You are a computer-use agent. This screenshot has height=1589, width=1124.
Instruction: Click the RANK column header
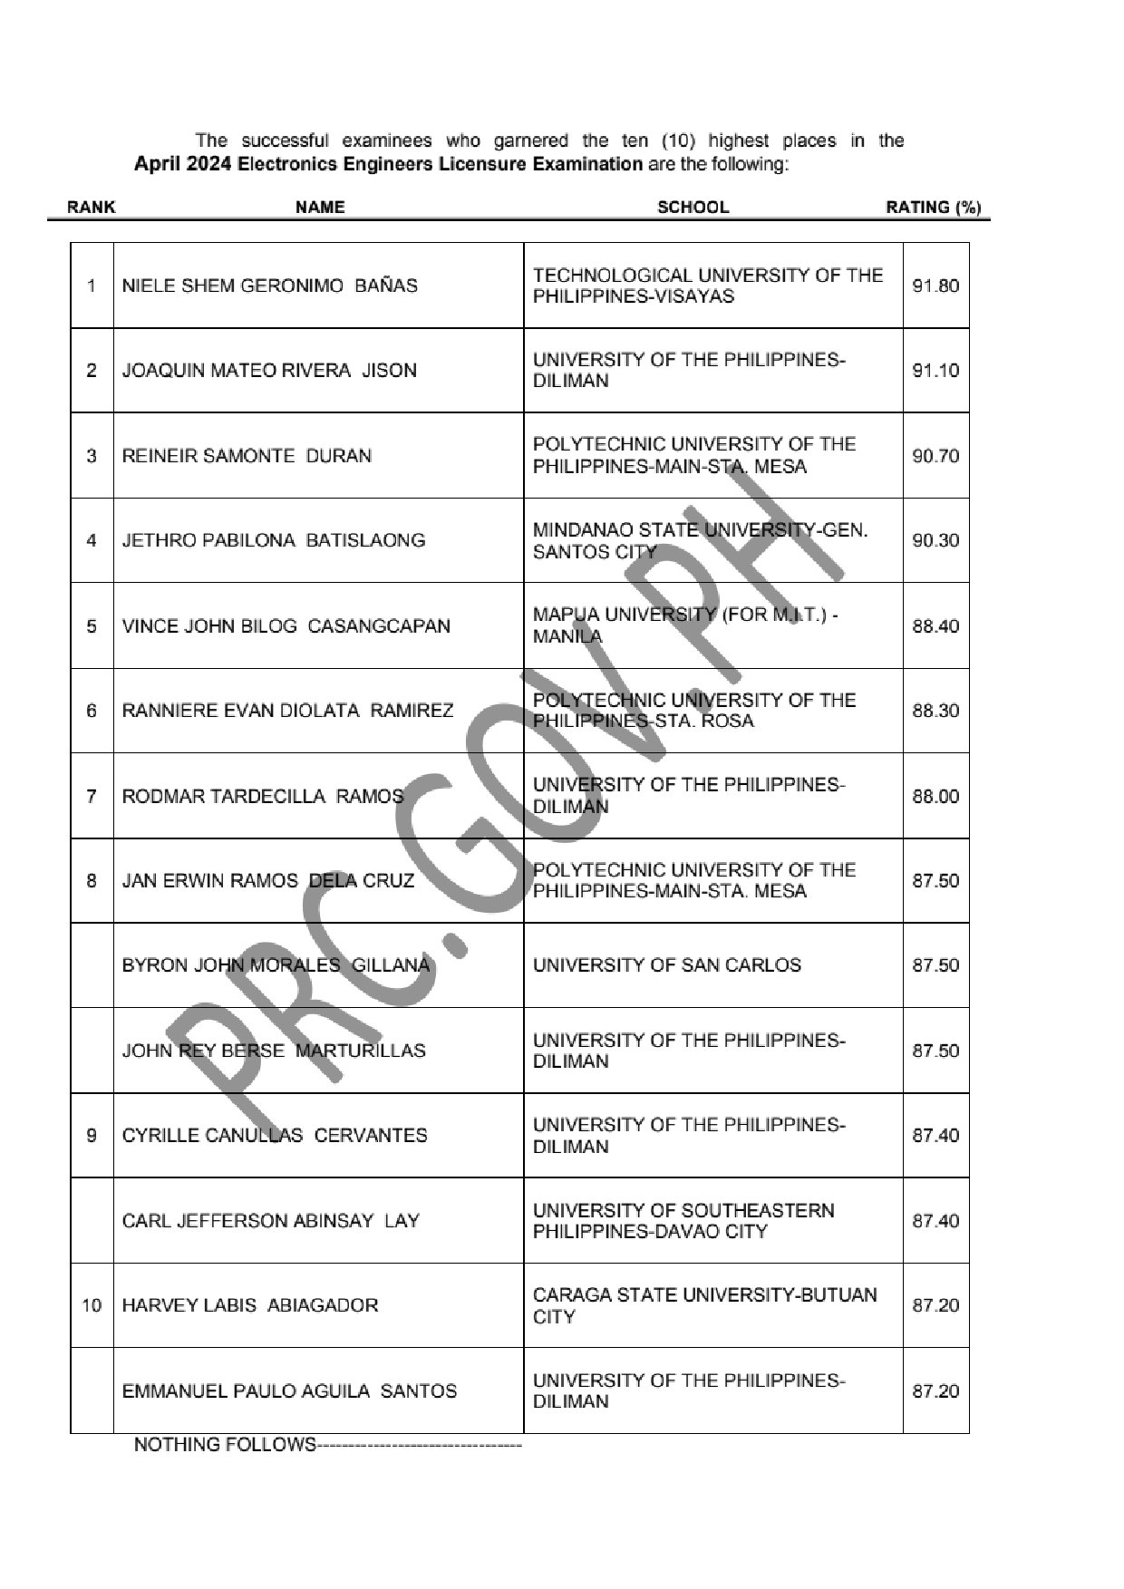[92, 207]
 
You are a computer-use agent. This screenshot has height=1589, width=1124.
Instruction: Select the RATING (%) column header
[933, 207]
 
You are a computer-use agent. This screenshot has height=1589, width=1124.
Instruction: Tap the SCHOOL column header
[693, 207]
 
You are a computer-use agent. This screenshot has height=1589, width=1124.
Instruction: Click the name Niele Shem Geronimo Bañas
[269, 286]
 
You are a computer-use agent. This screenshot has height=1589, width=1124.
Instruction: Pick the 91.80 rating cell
[935, 286]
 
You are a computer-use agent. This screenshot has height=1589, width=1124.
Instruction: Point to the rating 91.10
[935, 371]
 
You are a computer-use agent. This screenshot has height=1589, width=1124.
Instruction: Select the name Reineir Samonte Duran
[247, 455]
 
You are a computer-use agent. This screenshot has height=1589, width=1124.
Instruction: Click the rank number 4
[92, 540]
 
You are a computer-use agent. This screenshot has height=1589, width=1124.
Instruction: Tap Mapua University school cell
[685, 625]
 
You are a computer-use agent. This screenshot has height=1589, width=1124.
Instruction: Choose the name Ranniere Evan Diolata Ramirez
[287, 711]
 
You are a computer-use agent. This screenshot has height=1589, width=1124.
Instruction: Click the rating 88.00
[935, 796]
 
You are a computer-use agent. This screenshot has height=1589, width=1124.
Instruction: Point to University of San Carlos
[666, 964]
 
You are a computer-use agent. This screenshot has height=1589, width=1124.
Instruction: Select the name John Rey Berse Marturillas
[274, 1051]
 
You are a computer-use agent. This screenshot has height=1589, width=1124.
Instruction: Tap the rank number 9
[92, 1135]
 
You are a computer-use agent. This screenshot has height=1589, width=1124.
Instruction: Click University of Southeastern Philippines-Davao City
[683, 1220]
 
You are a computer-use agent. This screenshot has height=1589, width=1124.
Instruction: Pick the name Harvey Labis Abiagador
[249, 1305]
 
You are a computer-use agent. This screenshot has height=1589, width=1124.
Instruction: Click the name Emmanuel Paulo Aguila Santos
[289, 1390]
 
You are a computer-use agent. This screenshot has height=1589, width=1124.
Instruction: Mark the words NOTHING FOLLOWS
[225, 1444]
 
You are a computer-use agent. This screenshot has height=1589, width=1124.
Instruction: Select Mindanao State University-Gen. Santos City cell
[700, 540]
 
